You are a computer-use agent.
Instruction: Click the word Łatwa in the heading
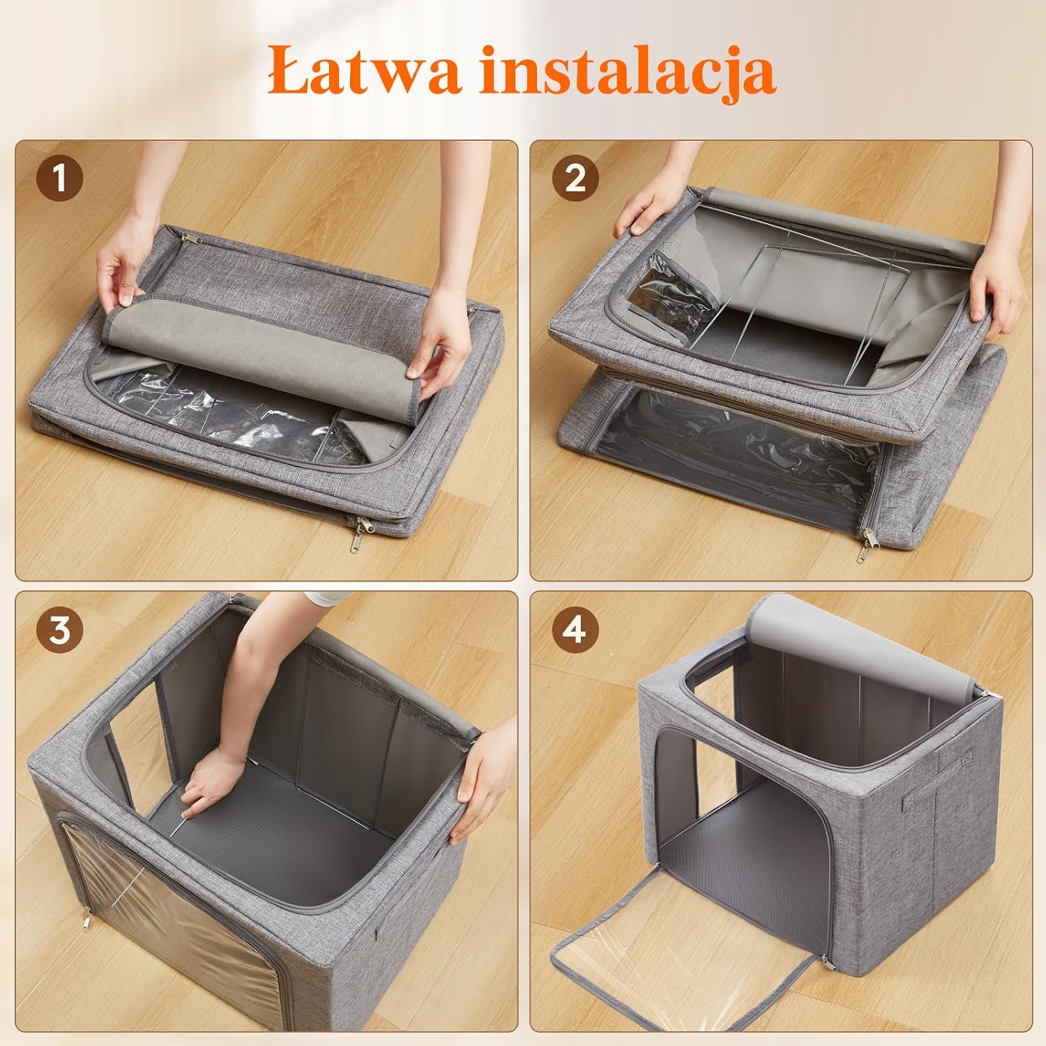[363, 70]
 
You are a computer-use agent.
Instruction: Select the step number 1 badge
[59, 178]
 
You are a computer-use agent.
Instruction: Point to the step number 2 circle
[575, 178]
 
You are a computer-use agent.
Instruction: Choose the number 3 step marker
[59, 630]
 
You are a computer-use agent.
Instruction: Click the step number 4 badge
[575, 630]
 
